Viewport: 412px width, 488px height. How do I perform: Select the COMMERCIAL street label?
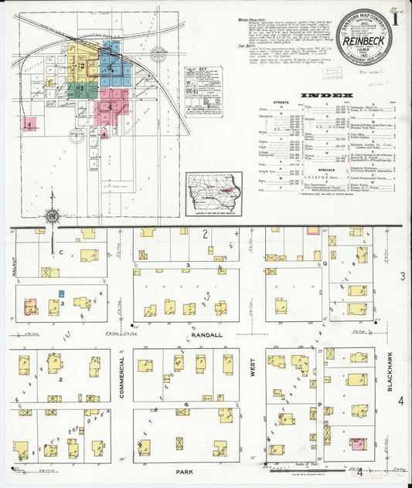tap(121, 378)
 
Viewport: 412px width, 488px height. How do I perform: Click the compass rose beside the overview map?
tap(52, 217)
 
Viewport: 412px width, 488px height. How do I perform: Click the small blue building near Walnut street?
tap(61, 294)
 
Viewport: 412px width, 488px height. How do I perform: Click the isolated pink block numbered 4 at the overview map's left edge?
tap(29, 123)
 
